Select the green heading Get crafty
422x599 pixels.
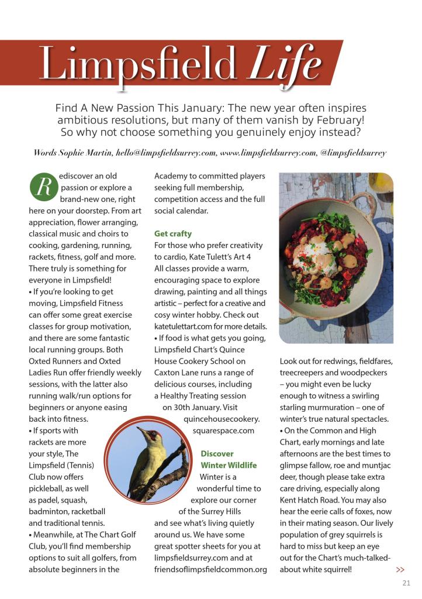click(x=173, y=233)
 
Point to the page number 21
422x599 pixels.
click(x=406, y=583)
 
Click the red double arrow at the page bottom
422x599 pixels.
click(x=400, y=570)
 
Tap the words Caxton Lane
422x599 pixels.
click(x=175, y=373)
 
